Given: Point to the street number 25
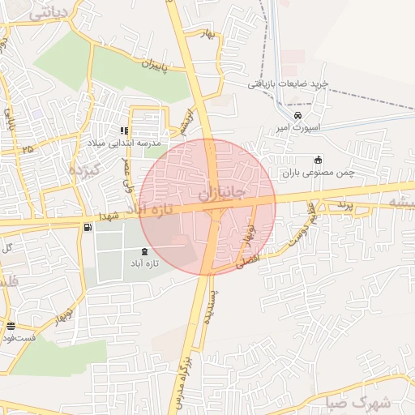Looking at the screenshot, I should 28,148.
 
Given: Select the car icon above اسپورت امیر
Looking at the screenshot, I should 298,115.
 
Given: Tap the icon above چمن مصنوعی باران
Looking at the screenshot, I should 318,159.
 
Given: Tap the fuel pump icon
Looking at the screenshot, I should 87,228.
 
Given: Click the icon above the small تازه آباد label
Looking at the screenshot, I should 144,251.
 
